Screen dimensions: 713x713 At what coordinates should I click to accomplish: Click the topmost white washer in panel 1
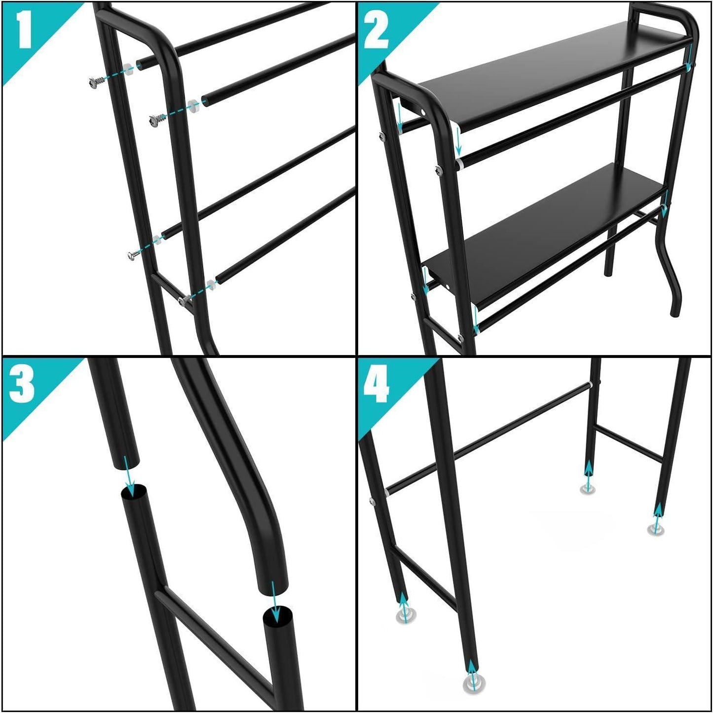tap(127, 69)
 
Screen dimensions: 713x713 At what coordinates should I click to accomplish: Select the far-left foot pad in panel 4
tap(406, 616)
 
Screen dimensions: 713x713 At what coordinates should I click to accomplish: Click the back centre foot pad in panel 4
tap(588, 490)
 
